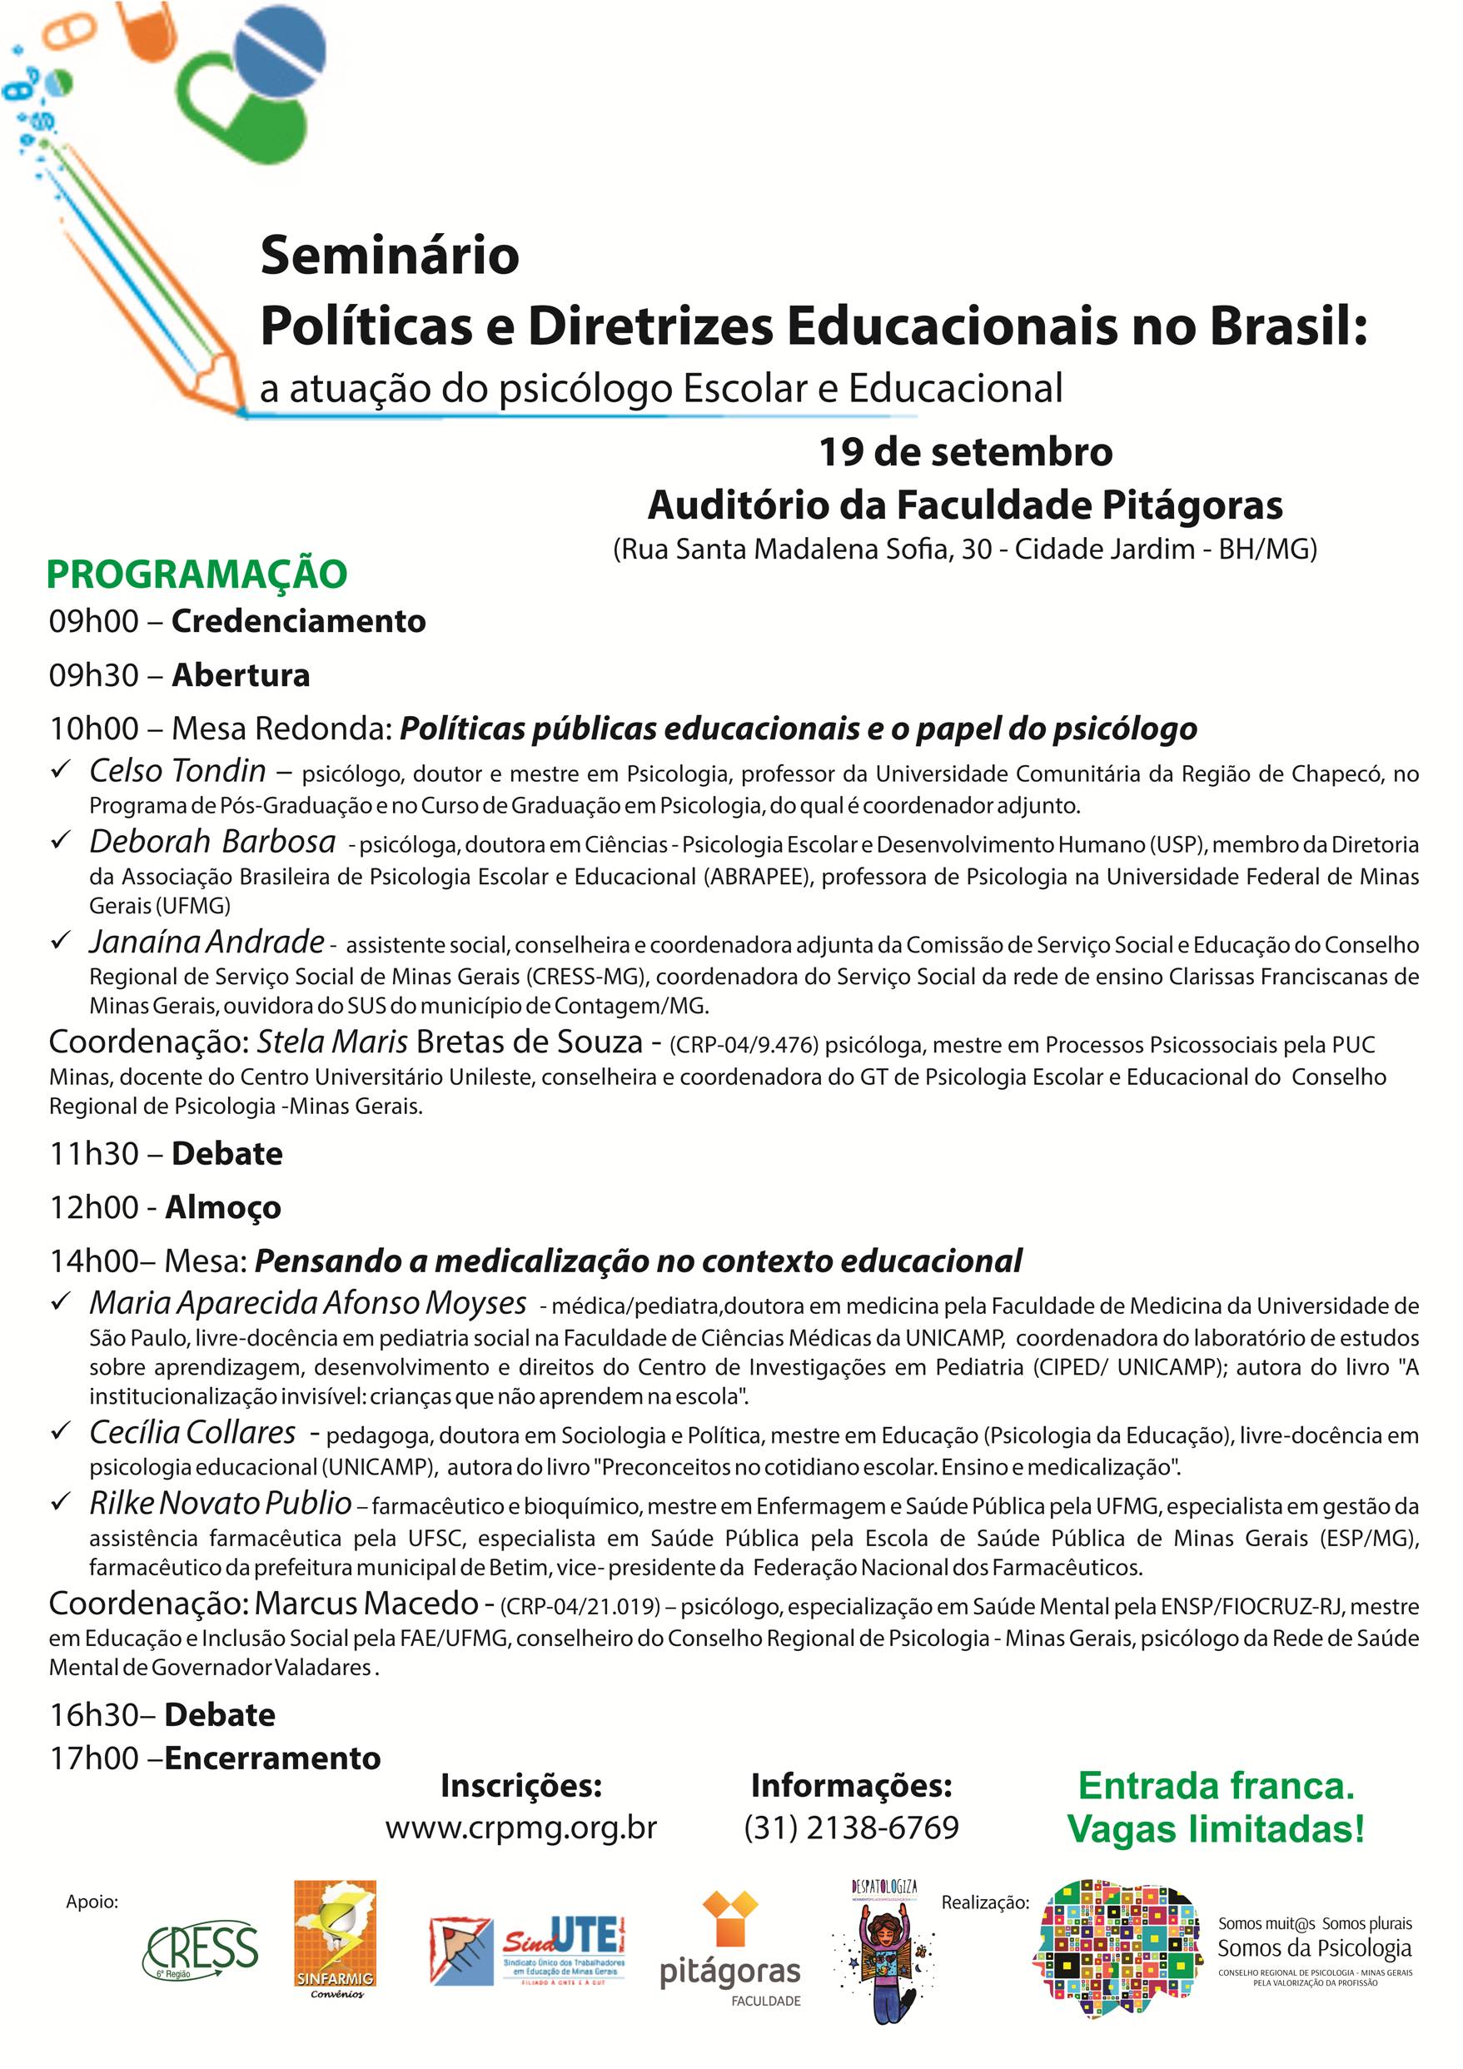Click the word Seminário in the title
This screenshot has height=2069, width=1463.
390,256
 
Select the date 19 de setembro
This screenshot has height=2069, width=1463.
965,452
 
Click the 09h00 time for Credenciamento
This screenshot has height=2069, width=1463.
94,622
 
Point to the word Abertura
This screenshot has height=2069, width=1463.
241,676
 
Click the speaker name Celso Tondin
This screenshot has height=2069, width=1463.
177,771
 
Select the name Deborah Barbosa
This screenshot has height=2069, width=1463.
212,842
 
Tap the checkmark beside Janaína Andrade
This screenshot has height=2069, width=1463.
62,941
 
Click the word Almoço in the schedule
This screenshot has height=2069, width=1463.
222,1207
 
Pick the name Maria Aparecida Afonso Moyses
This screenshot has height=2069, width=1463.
307,1303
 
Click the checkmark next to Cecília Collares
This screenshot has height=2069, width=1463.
62,1431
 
